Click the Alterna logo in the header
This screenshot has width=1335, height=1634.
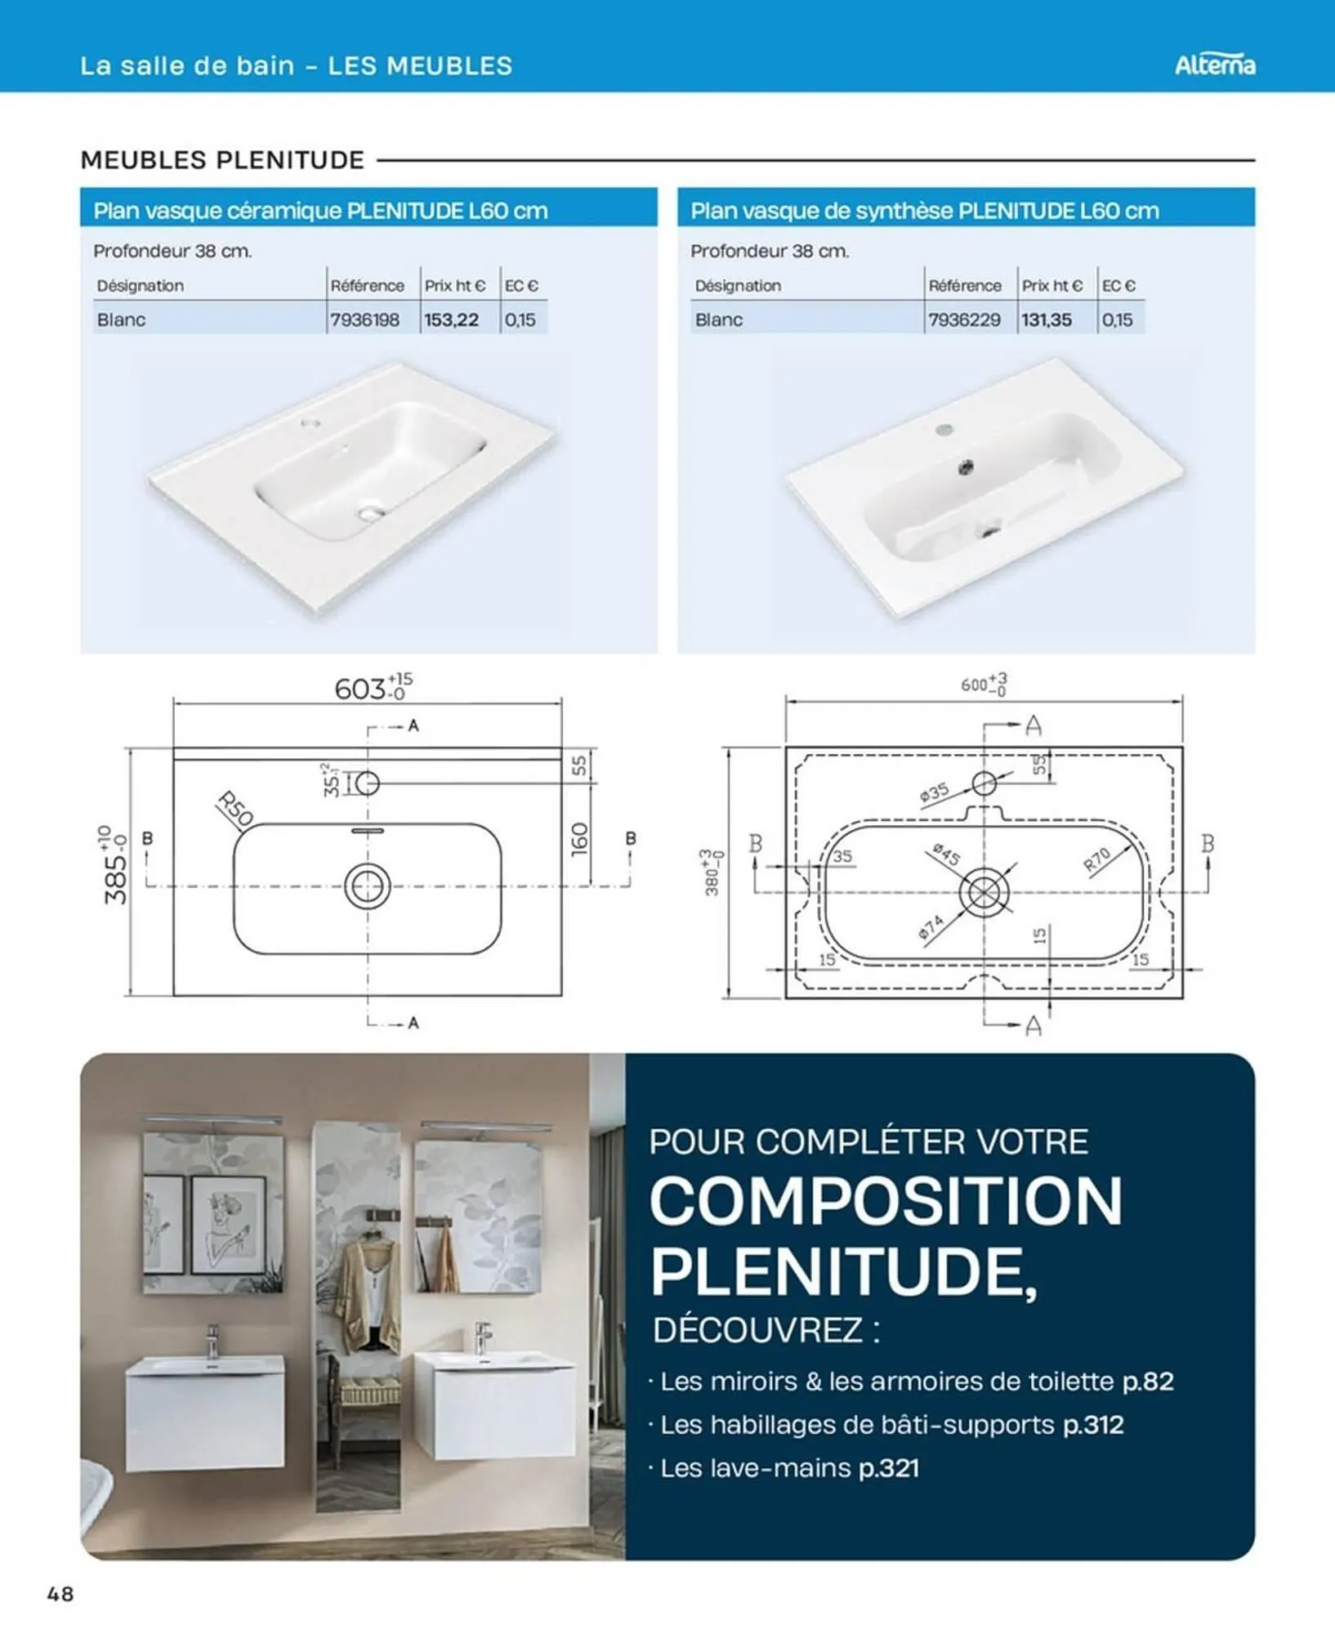[x=1215, y=65]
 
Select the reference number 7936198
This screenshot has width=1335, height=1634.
[x=364, y=319]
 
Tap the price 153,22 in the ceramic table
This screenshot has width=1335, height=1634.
[x=451, y=319]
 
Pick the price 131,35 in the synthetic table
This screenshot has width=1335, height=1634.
[x=1047, y=319]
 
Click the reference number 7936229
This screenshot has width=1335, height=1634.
[x=964, y=319]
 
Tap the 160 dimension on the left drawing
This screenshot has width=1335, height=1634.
[x=579, y=839]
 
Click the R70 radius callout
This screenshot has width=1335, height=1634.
[x=1097, y=859]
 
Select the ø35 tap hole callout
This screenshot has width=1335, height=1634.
[x=934, y=792]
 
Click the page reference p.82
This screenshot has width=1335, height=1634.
[x=1148, y=1382]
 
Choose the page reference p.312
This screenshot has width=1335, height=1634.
[x=1093, y=1425]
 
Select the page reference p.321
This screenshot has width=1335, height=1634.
[x=889, y=1468]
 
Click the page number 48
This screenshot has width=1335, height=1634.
[x=60, y=1594]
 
